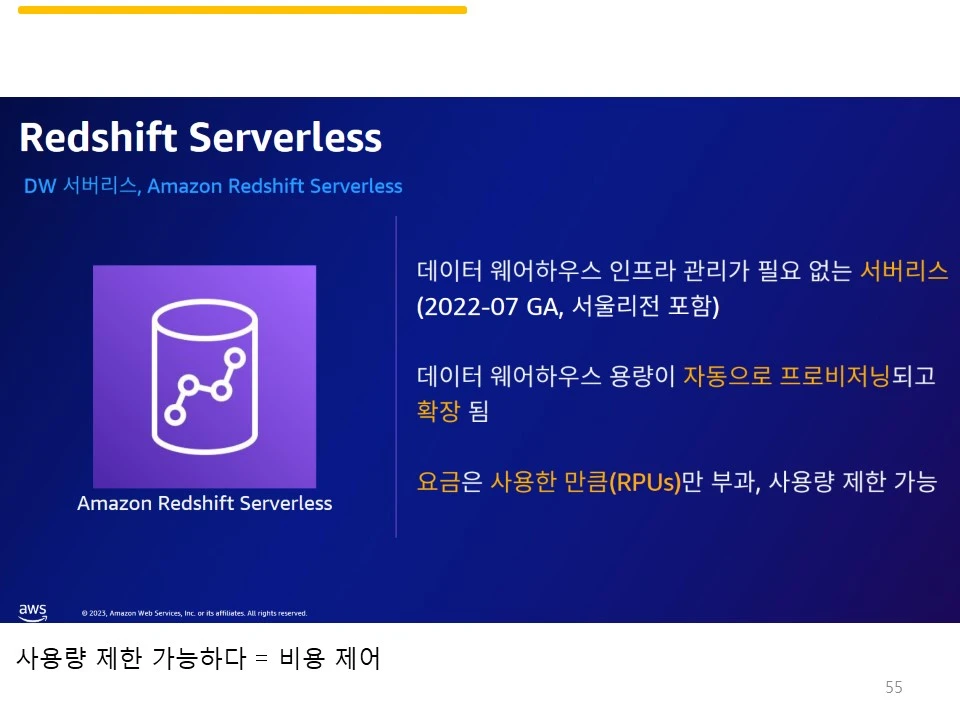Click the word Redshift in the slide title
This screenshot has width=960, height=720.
tap(99, 137)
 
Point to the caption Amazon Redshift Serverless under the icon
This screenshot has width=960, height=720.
tap(204, 503)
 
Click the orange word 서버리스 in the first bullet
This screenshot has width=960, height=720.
tap(904, 270)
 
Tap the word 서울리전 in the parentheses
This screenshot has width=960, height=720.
tap(616, 307)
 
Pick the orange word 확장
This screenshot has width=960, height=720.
tap(438, 411)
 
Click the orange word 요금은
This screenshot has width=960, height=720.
tap(449, 482)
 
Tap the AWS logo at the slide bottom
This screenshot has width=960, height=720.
tap(33, 611)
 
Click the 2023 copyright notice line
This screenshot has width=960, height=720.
tap(194, 613)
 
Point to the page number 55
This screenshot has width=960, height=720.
tap(894, 687)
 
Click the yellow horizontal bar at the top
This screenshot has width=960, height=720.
tap(242, 10)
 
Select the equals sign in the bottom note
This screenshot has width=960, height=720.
tap(262, 660)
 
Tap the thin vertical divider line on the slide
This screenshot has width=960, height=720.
tap(397, 376)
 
